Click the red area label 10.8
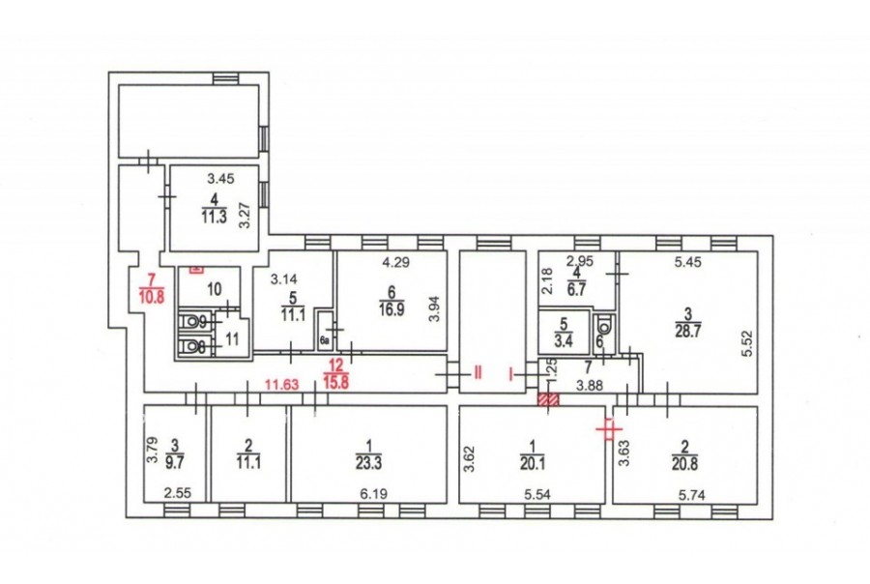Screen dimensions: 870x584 (x=152, y=296)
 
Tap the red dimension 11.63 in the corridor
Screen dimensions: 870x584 (x=282, y=384)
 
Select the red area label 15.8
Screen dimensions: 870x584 (x=336, y=383)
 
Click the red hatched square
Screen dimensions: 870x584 (x=549, y=399)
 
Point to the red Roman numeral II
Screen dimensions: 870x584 (x=478, y=373)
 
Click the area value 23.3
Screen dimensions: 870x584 (x=369, y=462)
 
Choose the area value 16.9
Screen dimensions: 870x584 (x=391, y=309)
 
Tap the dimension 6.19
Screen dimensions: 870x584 (x=373, y=493)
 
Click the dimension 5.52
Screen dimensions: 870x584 (x=747, y=343)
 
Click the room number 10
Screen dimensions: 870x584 (x=215, y=289)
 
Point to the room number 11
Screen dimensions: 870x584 (x=232, y=338)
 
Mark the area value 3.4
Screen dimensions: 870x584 (x=564, y=341)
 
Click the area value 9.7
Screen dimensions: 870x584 (x=175, y=462)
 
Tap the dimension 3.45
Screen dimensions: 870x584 (x=220, y=179)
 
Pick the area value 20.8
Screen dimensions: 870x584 (x=684, y=463)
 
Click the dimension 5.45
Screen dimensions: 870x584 (x=688, y=261)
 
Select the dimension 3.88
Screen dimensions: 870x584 (x=590, y=385)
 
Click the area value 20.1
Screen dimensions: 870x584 (x=532, y=462)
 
